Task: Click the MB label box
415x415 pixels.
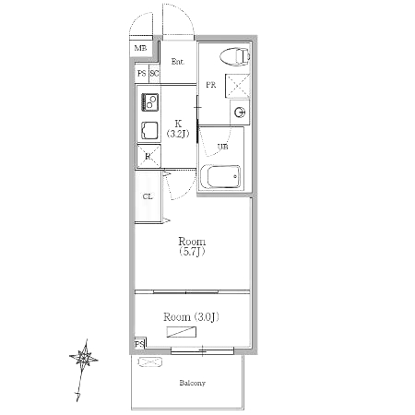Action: (140, 49)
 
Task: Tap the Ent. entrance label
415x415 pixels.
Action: (178, 62)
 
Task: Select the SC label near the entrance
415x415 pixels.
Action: (154, 74)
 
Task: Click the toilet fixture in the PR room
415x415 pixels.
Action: (235, 56)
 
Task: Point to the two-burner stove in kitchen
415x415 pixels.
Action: (150, 102)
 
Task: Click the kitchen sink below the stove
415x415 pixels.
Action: (149, 130)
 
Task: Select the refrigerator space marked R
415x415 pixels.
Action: (148, 156)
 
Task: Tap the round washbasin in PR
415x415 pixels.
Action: (240, 113)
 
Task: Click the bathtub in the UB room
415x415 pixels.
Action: (220, 176)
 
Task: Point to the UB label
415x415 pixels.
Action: (223, 147)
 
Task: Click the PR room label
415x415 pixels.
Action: (211, 85)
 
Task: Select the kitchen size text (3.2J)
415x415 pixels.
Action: (178, 134)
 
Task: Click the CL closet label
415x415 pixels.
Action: (148, 196)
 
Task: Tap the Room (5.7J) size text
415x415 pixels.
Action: (192, 252)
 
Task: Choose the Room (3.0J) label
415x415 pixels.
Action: (191, 317)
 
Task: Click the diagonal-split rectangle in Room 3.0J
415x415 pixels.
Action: (182, 332)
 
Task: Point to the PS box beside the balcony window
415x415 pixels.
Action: (140, 343)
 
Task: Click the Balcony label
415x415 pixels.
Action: (192, 383)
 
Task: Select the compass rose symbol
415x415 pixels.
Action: (84, 358)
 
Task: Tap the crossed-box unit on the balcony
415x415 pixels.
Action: (149, 362)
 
